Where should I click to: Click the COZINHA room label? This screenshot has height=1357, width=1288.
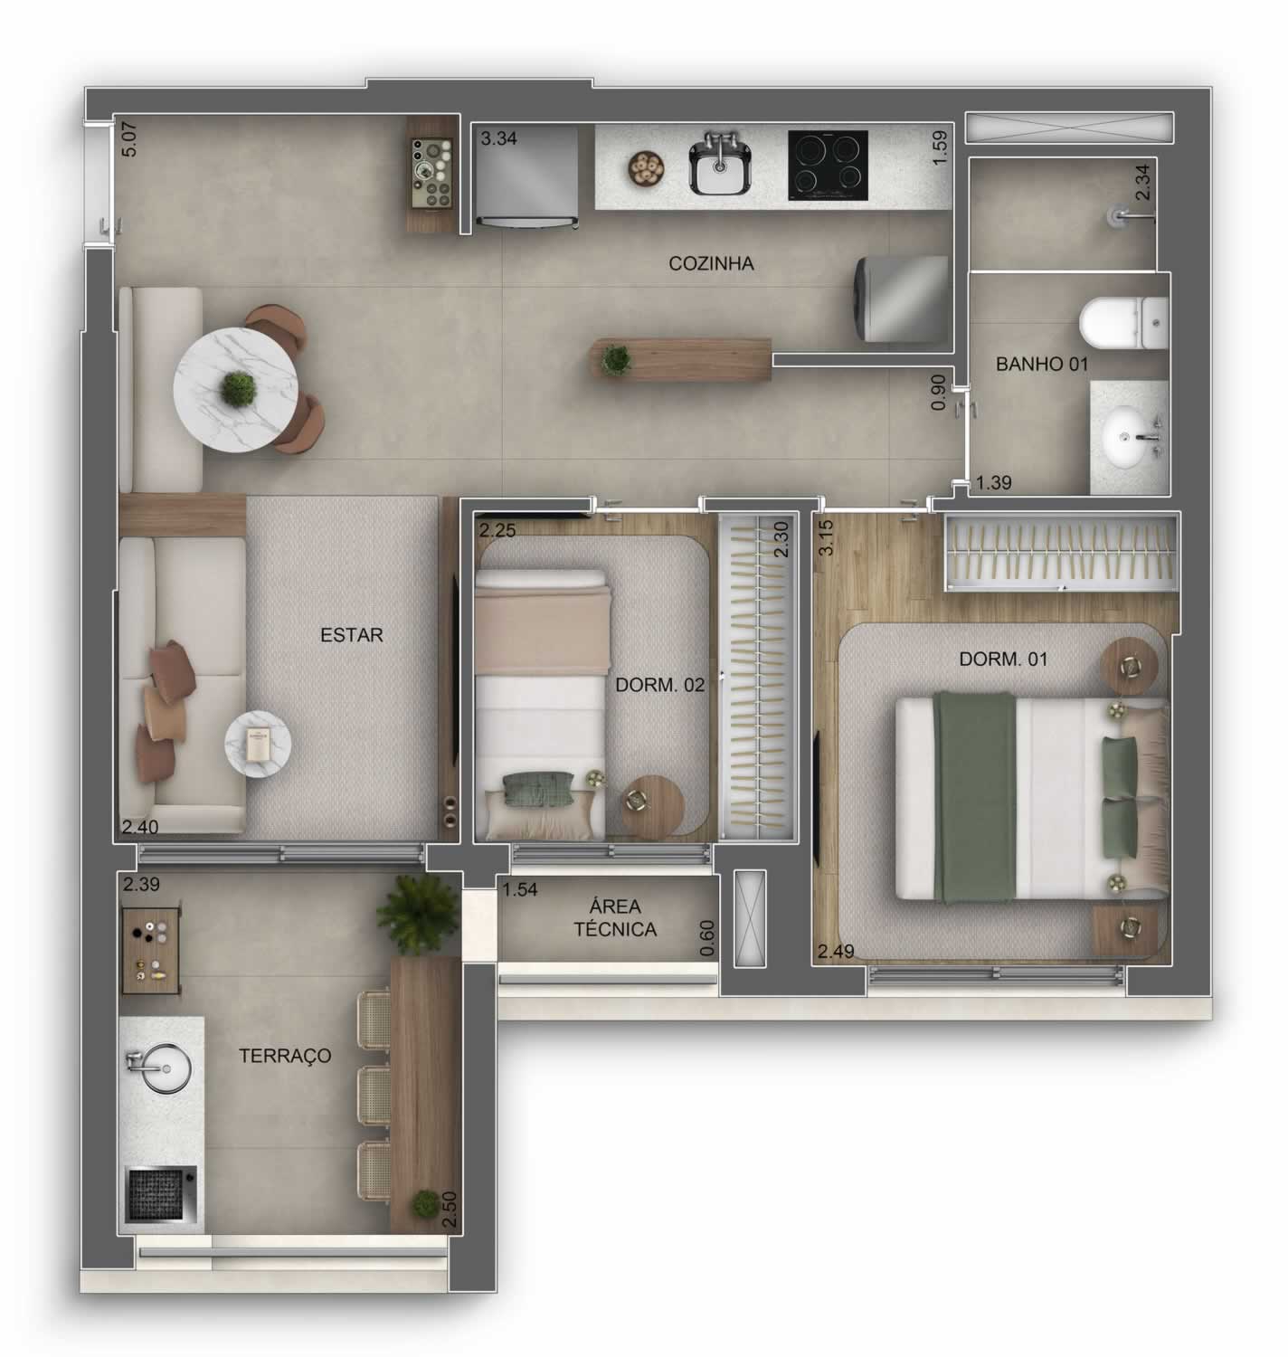click(x=711, y=263)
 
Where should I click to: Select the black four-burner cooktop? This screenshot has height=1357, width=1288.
click(x=828, y=166)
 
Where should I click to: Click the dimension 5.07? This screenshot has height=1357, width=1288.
click(x=129, y=139)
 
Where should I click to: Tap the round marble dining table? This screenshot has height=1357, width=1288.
click(x=235, y=389)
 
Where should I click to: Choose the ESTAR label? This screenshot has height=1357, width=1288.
click(x=351, y=635)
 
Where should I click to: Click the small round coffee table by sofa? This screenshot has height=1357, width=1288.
click(x=258, y=744)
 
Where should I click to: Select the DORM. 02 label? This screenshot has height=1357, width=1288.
click(x=660, y=685)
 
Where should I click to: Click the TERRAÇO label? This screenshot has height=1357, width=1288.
click(x=285, y=1056)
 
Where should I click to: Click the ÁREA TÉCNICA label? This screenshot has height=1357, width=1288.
click(x=614, y=917)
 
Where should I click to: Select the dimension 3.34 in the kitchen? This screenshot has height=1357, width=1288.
click(x=498, y=138)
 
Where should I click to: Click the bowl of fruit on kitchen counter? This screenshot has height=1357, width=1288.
click(x=647, y=167)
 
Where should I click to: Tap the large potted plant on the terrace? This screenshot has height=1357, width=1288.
click(x=417, y=916)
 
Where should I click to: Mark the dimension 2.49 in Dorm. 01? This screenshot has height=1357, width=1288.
click(x=836, y=952)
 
